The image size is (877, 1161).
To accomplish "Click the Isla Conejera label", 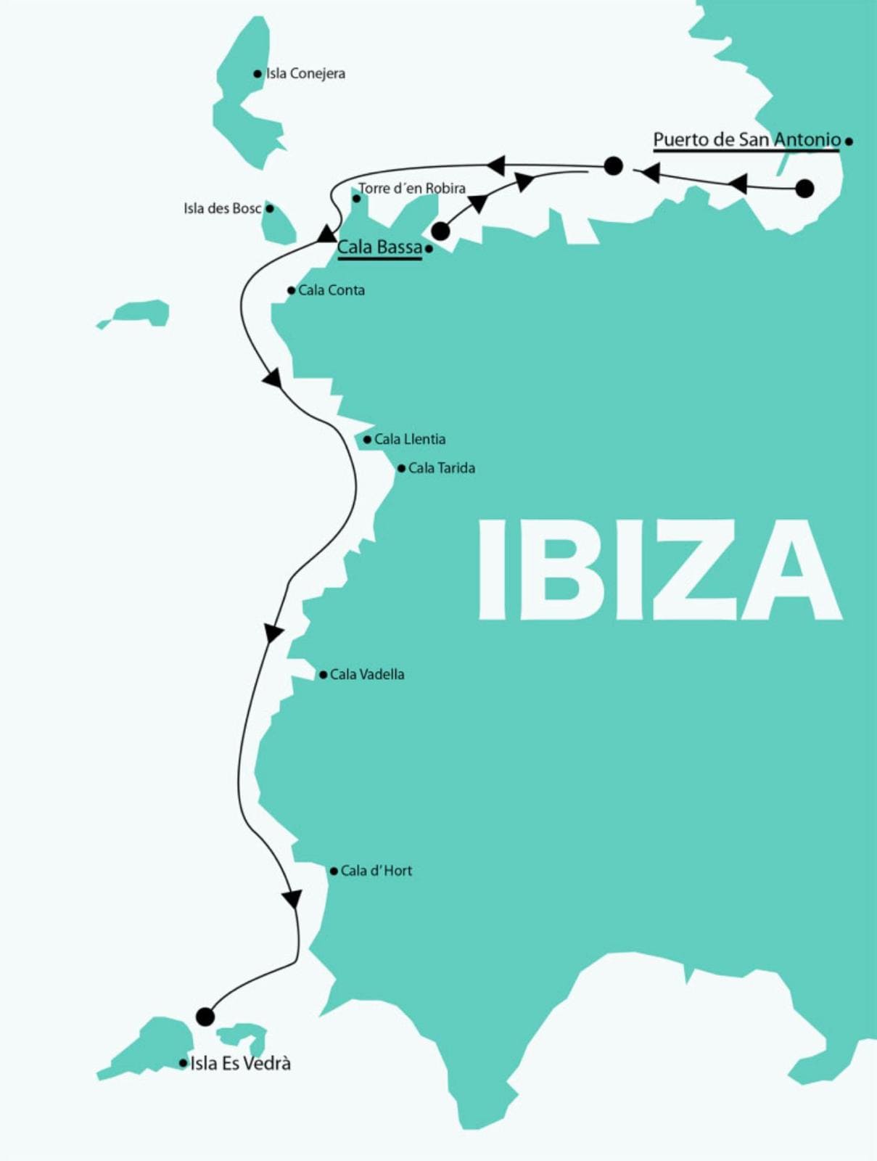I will (x=305, y=73).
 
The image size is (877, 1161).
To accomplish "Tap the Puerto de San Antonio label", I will (x=746, y=139).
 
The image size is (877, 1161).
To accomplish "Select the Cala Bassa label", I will (x=379, y=247).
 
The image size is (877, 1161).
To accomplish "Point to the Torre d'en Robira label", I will (x=412, y=189).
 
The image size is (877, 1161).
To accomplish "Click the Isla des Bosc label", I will (x=222, y=209).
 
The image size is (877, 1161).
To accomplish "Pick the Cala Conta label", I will (x=332, y=290).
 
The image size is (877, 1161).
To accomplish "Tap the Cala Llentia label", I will (x=410, y=439).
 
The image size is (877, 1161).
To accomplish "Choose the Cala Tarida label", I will (x=442, y=468).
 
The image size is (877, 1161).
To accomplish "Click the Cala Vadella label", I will (x=367, y=674).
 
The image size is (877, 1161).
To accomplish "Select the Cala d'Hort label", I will (x=376, y=871).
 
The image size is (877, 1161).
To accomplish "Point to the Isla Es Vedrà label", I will (x=240, y=1063).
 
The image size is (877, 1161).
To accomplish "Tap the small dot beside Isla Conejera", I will (x=258, y=73).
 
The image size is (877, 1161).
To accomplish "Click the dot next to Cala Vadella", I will (x=323, y=675).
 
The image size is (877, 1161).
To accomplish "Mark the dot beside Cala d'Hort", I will (x=334, y=871).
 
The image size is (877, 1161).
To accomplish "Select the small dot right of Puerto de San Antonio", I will (x=849, y=141).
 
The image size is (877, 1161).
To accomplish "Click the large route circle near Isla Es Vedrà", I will (x=205, y=1017).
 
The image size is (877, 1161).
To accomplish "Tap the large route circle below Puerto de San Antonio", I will (x=804, y=189).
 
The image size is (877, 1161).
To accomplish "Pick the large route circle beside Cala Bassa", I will (x=440, y=231).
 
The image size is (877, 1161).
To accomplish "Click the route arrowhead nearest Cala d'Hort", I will (x=292, y=899).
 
